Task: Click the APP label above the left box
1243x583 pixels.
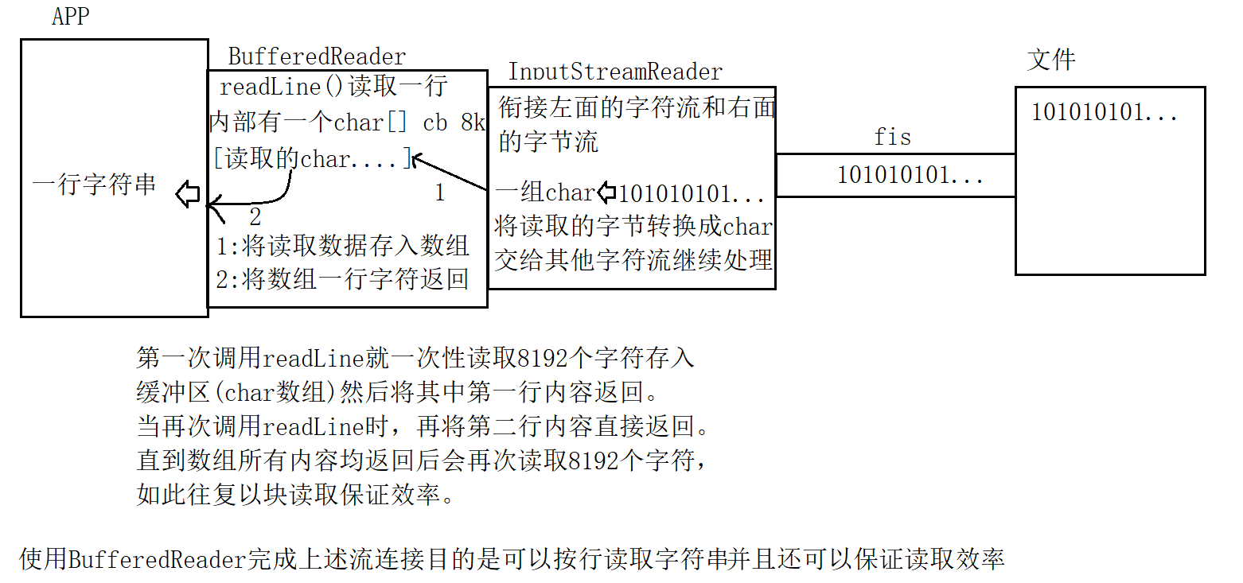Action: coord(70,17)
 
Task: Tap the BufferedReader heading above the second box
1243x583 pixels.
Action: coord(317,57)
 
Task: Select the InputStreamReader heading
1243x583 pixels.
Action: coord(615,72)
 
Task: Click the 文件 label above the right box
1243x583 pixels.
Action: coord(1051,60)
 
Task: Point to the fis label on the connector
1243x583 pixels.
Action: coord(892,137)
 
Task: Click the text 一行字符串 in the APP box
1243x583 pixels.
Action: coord(94,186)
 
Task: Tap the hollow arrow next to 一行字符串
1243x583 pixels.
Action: coord(188,193)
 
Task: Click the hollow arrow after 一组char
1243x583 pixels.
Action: coord(606,192)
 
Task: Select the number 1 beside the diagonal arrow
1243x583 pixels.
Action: coord(438,192)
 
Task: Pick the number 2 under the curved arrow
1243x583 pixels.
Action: coord(255,215)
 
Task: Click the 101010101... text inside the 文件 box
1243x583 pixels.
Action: coord(1104,113)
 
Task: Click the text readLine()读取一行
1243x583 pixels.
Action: coord(333,87)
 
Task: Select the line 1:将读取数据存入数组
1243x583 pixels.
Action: coord(342,246)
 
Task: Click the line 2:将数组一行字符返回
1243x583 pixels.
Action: coord(342,279)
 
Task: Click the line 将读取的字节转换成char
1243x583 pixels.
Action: coord(633,227)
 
